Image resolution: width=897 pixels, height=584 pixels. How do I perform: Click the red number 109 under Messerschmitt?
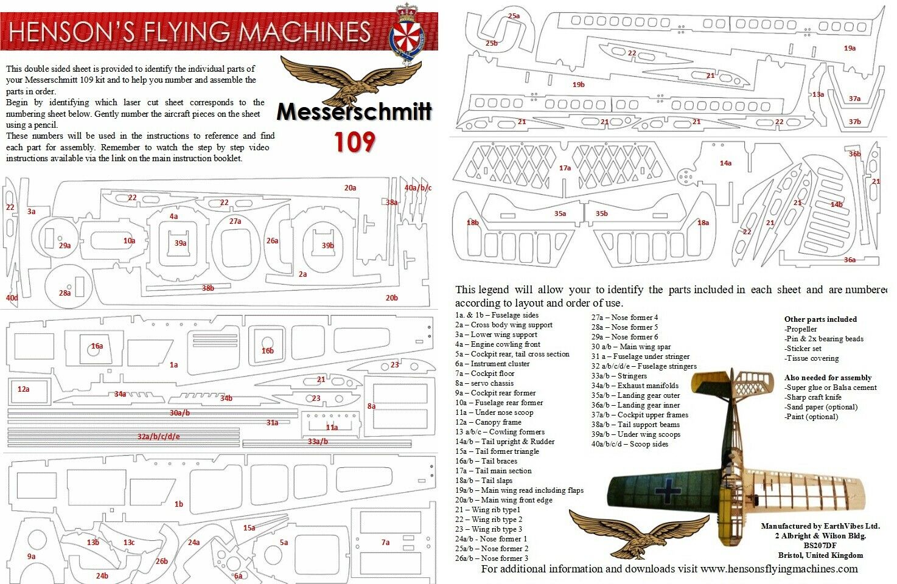354,142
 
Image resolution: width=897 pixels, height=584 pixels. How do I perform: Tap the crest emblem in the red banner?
407,33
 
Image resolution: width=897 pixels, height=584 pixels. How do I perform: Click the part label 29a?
65,245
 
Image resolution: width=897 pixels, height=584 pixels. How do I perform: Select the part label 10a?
129,240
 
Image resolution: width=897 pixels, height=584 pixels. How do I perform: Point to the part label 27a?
235,221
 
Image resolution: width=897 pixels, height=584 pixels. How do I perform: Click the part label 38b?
208,288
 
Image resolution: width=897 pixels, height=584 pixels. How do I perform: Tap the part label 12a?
23,389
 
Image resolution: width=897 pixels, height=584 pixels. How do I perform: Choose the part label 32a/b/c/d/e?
159,436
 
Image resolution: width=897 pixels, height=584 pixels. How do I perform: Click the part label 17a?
565,168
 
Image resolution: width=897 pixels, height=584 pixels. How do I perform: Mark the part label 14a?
725,163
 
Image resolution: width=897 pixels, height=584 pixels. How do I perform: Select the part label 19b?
579,85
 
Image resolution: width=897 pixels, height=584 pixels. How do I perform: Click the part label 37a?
854,99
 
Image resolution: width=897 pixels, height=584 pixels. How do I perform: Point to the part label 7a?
385,543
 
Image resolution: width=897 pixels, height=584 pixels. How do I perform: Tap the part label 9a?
31,557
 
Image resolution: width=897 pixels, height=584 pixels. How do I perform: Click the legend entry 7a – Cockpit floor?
484,374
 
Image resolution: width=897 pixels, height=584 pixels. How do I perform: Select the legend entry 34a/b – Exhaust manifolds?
635,386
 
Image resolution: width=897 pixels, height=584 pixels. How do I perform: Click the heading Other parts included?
820,319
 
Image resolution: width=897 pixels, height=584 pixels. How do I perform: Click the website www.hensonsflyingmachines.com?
780,569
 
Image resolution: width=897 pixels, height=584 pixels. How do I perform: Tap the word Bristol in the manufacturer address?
791,555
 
